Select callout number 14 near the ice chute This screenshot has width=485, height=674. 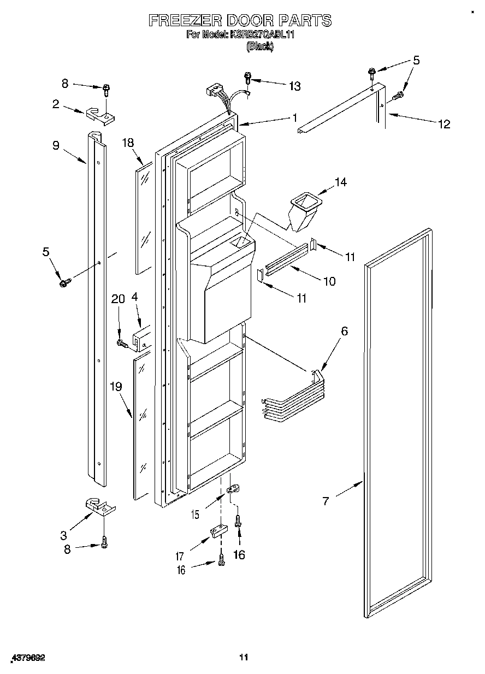point(340,182)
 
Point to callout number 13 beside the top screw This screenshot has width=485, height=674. point(294,86)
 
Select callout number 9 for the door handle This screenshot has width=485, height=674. point(55,145)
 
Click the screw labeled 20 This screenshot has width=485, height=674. point(122,344)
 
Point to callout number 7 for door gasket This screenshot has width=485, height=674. point(326,500)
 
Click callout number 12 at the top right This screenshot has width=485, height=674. point(445,123)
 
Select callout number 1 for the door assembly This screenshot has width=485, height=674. point(294,117)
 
